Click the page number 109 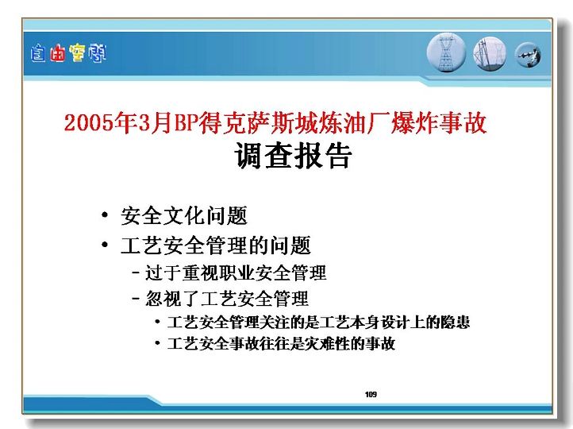click(x=371, y=394)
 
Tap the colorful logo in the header click(x=68, y=53)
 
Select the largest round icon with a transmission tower click(x=446, y=52)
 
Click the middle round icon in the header click(x=490, y=54)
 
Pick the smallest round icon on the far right click(x=528, y=56)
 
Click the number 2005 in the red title click(x=89, y=122)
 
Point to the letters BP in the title click(x=187, y=122)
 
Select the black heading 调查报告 click(x=293, y=156)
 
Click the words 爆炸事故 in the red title click(x=439, y=122)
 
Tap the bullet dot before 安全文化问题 click(x=105, y=214)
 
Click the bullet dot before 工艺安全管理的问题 click(x=105, y=245)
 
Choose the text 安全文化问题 click(x=184, y=215)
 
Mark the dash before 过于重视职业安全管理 click(x=136, y=272)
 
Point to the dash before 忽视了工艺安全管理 click(x=136, y=299)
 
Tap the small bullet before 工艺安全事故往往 click(x=157, y=343)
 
